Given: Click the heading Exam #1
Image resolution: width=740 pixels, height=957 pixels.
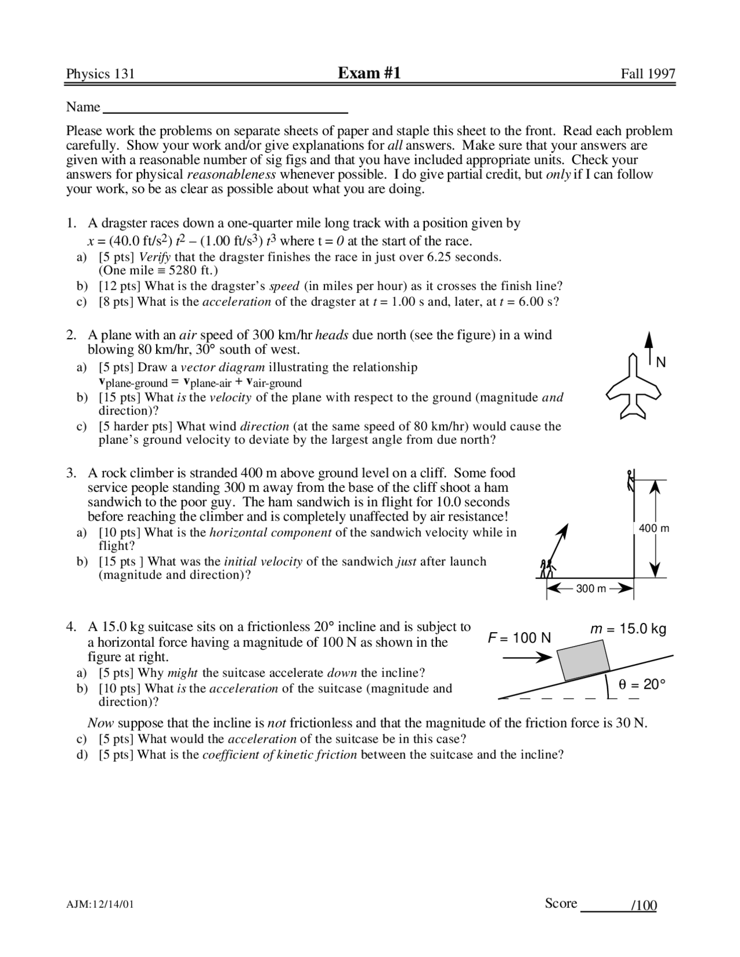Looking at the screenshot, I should pyautogui.click(x=369, y=73).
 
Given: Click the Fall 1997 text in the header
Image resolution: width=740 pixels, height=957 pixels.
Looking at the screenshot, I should pyautogui.click(x=647, y=74).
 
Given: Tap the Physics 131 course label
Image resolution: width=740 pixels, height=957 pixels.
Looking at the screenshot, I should pyautogui.click(x=100, y=74).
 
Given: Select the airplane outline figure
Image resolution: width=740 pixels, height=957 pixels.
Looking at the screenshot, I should pyautogui.click(x=634, y=387).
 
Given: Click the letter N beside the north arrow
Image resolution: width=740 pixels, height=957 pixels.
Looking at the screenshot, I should pyautogui.click(x=661, y=362).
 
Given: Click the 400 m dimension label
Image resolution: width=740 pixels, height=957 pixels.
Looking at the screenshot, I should pyautogui.click(x=654, y=528).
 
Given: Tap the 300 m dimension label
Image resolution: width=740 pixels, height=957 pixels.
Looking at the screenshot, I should pyautogui.click(x=591, y=589).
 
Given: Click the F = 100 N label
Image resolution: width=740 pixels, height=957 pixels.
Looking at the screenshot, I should pyautogui.click(x=519, y=638).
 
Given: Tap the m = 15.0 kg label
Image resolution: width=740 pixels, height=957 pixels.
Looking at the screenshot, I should pyautogui.click(x=628, y=629).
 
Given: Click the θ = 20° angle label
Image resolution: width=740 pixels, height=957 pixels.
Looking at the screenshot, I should pyautogui.click(x=642, y=684).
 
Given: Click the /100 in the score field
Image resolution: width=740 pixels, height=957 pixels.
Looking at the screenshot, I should pyautogui.click(x=644, y=905).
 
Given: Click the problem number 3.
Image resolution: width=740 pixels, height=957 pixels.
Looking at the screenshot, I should pyautogui.click(x=71, y=473).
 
